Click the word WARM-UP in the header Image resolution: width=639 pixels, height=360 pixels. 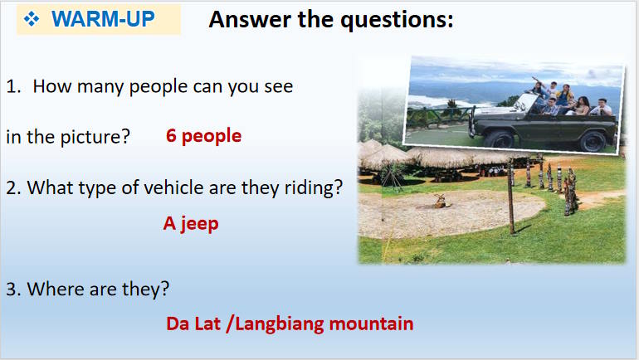pos(103,20)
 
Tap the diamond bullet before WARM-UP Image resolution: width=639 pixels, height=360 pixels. pos(32,20)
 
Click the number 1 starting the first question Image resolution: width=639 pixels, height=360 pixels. pos(11,86)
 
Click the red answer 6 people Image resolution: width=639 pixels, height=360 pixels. pos(203,135)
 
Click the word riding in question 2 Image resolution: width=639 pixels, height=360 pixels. pos(311,188)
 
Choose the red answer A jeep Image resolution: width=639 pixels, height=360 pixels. pos(191,223)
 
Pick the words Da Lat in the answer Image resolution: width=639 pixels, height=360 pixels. pos(193,323)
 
